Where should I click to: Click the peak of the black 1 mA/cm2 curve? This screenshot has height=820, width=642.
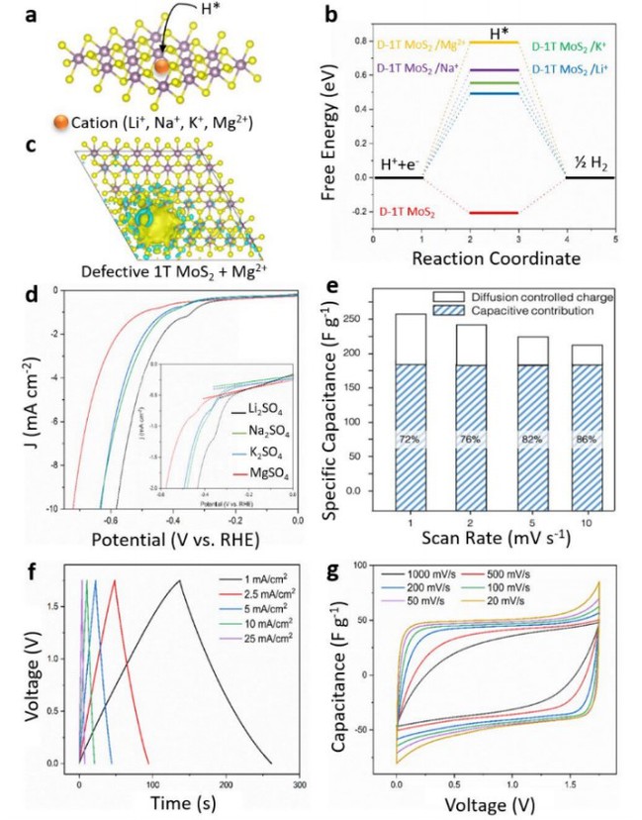tap(179, 580)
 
